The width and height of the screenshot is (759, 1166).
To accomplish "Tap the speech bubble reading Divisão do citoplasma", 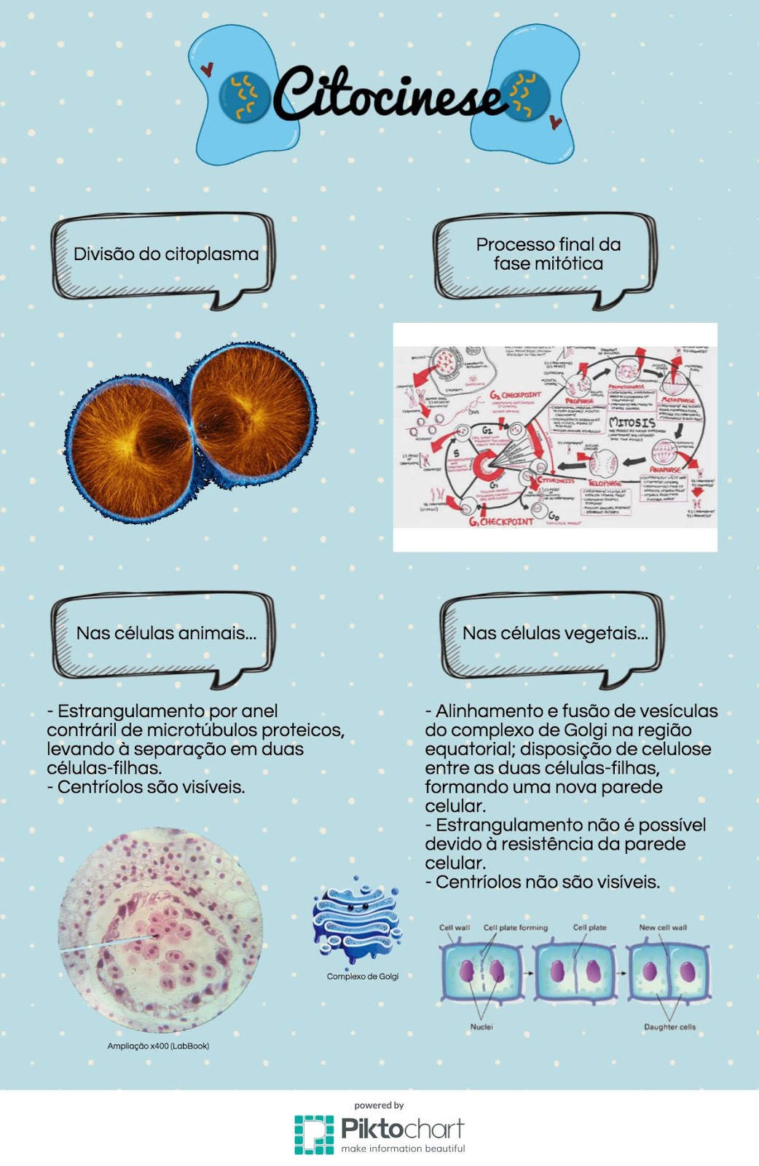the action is [x=166, y=254].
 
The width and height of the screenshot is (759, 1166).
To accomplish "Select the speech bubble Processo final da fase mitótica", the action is [x=548, y=254].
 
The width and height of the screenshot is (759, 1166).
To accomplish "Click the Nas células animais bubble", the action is [x=166, y=633].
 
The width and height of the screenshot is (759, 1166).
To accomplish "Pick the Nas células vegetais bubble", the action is [x=555, y=633].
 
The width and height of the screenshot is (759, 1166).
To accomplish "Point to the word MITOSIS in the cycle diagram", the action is [x=632, y=423].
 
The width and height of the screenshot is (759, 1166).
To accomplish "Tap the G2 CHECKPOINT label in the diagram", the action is [x=515, y=394].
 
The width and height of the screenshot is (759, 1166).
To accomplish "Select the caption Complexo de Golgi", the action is [x=363, y=977].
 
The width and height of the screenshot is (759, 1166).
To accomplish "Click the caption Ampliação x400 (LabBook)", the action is [x=158, y=1046].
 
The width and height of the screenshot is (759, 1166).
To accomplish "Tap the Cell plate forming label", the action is [x=516, y=928].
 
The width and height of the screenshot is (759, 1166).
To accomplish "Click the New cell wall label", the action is [x=663, y=928].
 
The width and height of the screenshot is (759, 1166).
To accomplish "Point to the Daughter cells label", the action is [x=669, y=1027].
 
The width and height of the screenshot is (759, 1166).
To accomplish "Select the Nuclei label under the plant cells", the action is [x=481, y=1027].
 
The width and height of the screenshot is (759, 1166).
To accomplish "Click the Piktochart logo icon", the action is [x=314, y=1134].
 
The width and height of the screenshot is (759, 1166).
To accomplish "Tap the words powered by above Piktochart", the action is [x=379, y=1106].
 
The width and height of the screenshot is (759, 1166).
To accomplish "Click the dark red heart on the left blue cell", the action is [x=207, y=70].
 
